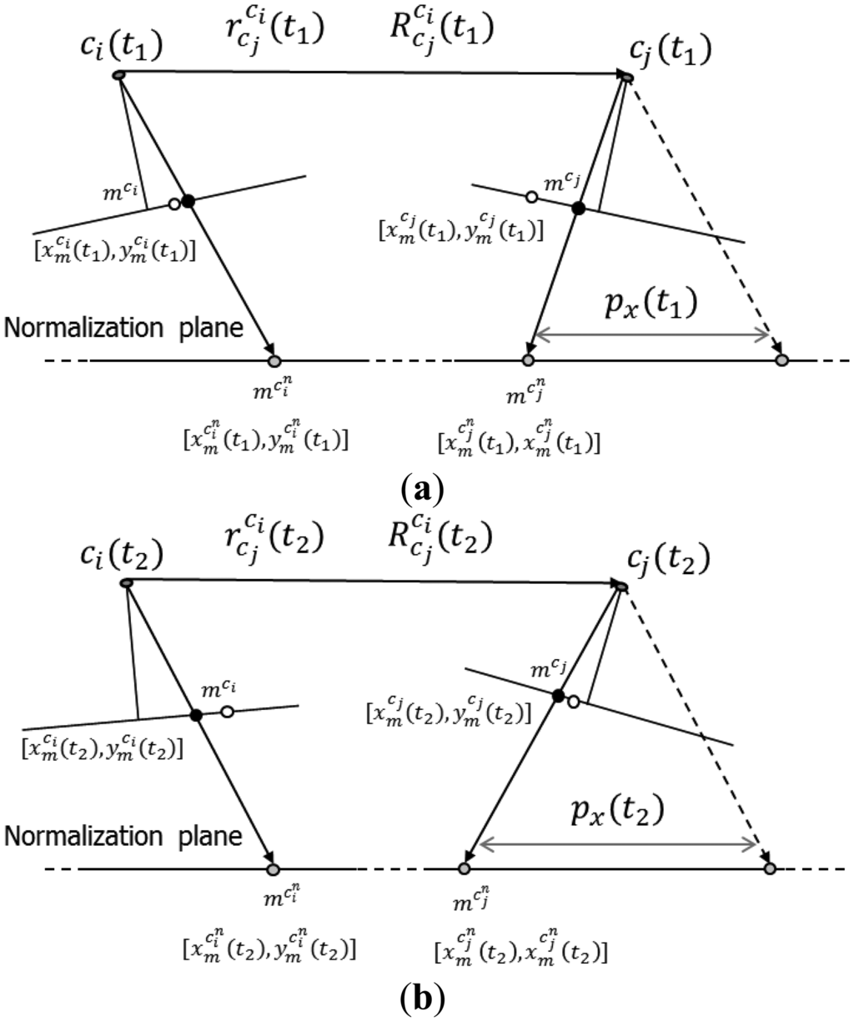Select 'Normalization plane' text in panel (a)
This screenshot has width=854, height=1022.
(124, 329)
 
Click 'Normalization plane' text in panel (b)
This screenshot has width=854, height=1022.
(124, 836)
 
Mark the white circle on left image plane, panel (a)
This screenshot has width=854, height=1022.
(173, 204)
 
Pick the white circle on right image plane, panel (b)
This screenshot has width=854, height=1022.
(573, 702)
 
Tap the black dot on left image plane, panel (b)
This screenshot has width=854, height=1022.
(196, 715)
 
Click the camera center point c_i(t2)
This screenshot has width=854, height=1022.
(126, 582)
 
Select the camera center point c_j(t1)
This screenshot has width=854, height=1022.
(626, 77)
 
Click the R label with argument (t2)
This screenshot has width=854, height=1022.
(435, 540)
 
